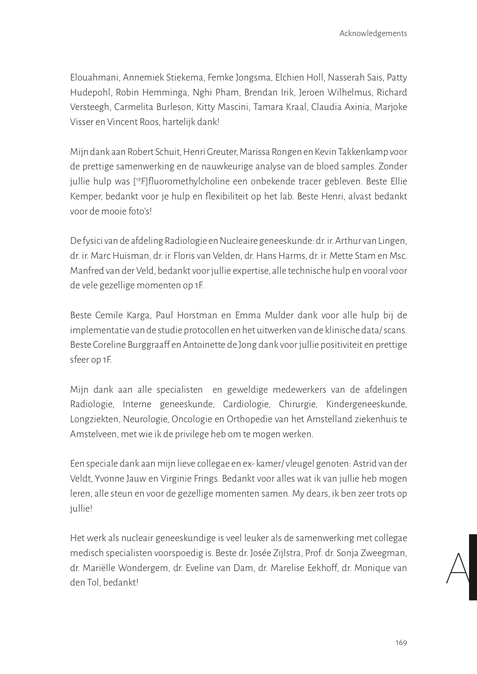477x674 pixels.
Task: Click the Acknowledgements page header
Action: [x=373, y=33]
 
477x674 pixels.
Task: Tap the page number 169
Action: [x=401, y=642]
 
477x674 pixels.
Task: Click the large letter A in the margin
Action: [x=457, y=568]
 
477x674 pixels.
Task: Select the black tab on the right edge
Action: [x=473, y=567]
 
